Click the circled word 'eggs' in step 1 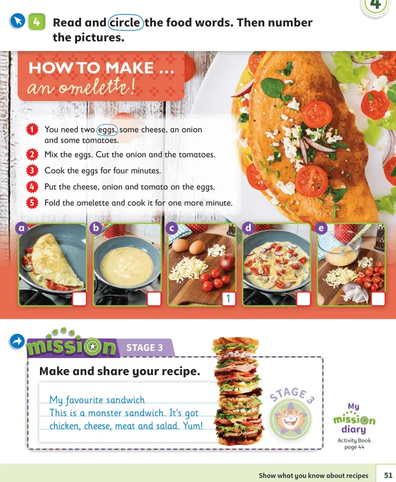(107, 130)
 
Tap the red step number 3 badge (32, 170)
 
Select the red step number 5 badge (32, 203)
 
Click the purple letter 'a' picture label (22, 228)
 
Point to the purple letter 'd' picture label (248, 228)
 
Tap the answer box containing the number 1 (229, 299)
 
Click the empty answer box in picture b (154, 299)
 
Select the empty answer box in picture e (378, 299)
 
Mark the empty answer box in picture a (79, 299)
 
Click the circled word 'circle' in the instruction (125, 22)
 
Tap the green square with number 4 (36, 22)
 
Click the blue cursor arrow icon (17, 21)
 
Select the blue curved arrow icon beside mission (17, 342)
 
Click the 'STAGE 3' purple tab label (145, 347)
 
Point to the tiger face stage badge (290, 419)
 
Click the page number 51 (388, 475)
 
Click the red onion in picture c (227, 262)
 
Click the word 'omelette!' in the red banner (96, 88)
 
